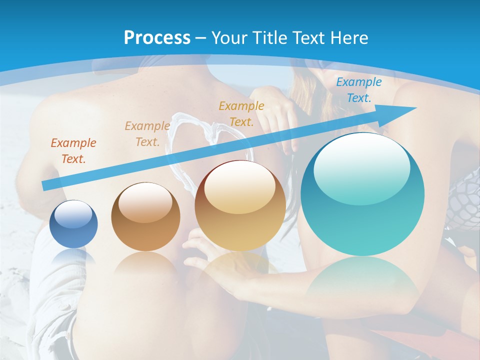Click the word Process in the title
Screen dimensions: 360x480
[x=157, y=37]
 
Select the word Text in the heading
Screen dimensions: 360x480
[x=308, y=37]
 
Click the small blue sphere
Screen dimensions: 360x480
[x=73, y=224]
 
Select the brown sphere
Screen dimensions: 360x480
[x=145, y=216]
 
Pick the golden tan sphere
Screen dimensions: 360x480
[x=240, y=205]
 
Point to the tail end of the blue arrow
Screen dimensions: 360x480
[x=45, y=186]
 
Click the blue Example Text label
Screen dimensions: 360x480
[x=358, y=90]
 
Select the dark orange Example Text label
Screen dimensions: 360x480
[x=73, y=151]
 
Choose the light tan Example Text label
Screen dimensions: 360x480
[x=147, y=134]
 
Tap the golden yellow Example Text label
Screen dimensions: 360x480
[x=241, y=113]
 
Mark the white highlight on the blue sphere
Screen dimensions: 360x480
[x=73, y=214]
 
